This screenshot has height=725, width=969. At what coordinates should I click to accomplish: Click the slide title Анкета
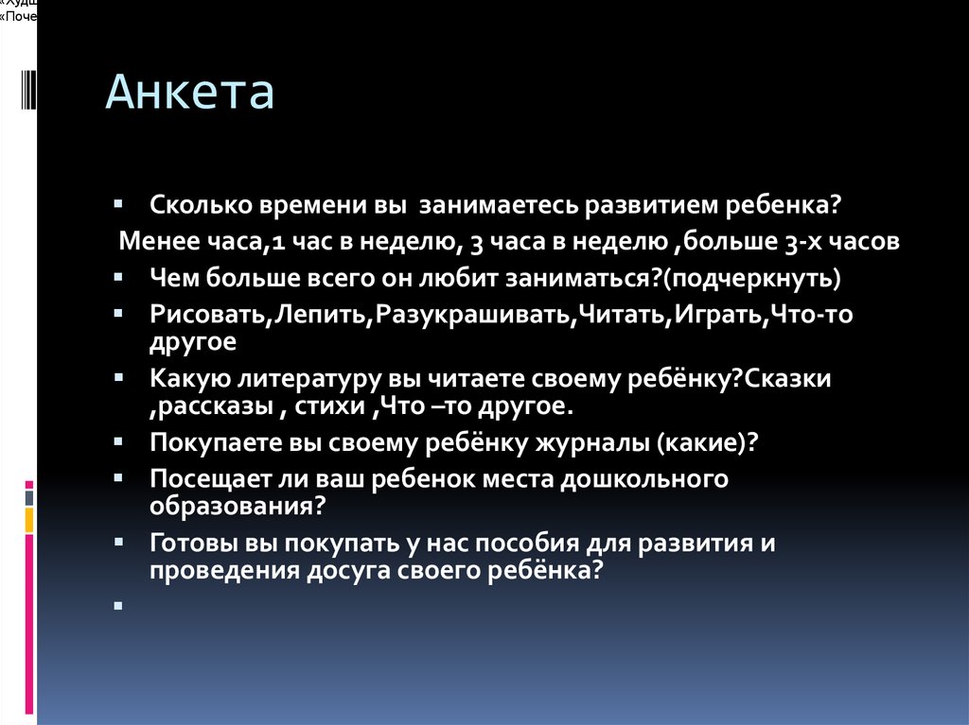click(189, 93)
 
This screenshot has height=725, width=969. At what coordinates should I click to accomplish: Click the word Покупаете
click(206, 442)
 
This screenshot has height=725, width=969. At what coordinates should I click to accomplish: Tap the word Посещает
click(204, 478)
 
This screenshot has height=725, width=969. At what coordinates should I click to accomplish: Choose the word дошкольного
click(643, 478)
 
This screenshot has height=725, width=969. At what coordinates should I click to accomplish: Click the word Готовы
click(189, 544)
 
